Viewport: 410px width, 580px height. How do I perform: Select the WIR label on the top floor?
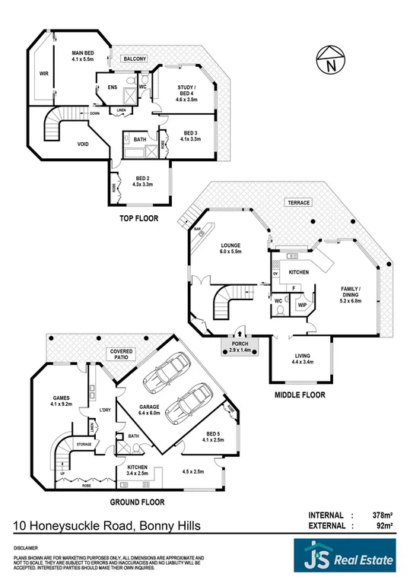(44, 74)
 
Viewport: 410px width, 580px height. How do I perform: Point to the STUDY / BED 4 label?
(186, 96)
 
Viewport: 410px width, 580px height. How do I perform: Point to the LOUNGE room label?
(230, 248)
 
